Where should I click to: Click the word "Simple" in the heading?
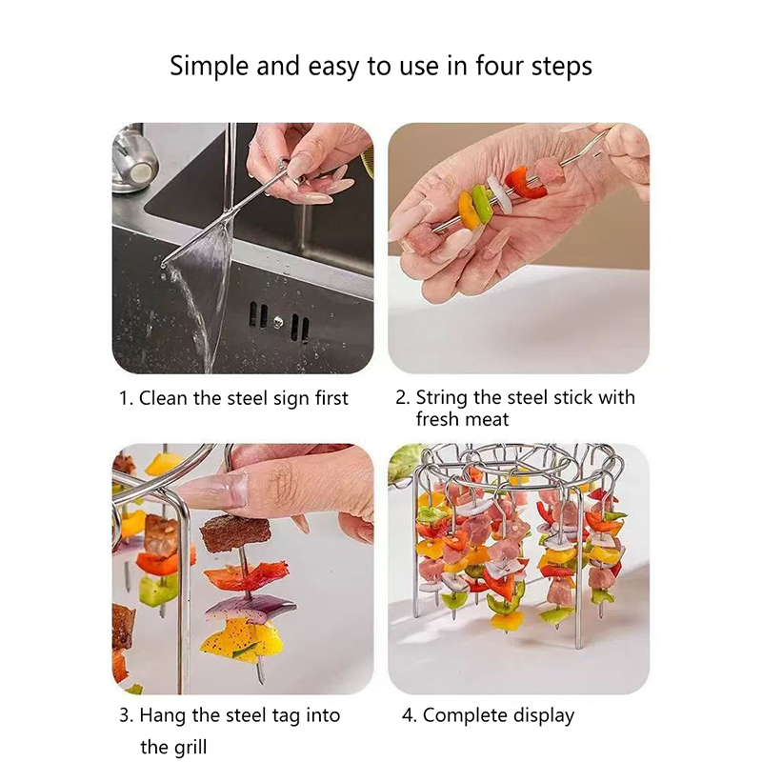pos(210,66)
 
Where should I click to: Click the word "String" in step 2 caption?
pos(441,398)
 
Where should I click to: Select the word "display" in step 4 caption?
pos(544,716)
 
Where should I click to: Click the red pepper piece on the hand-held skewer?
pos(525,183)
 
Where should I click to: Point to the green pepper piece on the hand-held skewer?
pos(482,205)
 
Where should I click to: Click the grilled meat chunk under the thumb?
pos(235,532)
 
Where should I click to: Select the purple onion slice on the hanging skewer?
pos(249,609)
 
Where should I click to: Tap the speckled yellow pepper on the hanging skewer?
pos(242,640)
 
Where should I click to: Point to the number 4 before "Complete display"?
pos(407,716)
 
